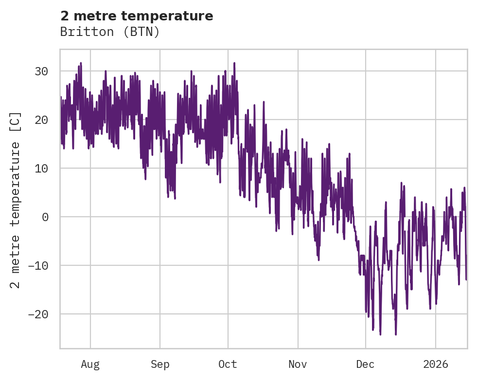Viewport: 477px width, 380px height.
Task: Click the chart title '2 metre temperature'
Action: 137,16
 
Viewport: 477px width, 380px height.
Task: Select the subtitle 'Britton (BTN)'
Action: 110,32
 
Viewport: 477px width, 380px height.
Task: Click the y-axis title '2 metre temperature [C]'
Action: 16,200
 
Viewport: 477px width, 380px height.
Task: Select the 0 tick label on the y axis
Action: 45,217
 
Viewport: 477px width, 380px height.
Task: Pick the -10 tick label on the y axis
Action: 38,266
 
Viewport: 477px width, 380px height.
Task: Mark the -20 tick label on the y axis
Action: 38,314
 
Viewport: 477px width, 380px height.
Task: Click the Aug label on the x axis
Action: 90,364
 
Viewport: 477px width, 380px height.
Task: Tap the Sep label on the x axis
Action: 159,364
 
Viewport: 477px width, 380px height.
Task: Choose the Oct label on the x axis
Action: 228,364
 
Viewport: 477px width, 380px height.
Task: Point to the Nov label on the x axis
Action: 298,364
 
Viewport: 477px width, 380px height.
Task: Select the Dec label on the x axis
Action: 365,364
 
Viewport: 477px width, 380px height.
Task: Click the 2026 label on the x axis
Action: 436,364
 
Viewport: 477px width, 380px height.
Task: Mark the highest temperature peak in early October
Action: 234,63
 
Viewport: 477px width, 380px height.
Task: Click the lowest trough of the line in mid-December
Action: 396,334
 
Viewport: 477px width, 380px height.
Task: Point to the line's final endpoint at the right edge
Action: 466,279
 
